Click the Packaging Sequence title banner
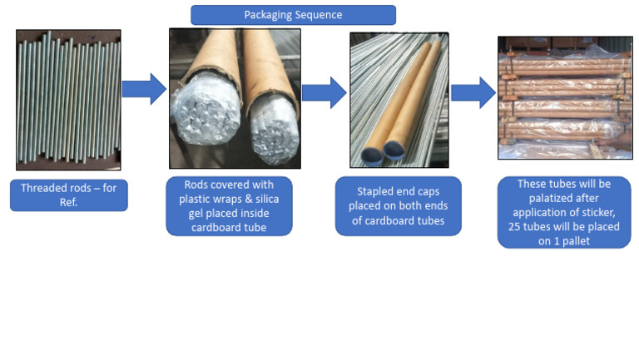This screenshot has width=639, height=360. (x=293, y=15)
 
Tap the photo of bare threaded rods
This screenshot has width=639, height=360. (x=68, y=100)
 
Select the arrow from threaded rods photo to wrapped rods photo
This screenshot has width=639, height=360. (x=144, y=89)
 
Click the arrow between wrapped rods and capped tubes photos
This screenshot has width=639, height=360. (x=324, y=92)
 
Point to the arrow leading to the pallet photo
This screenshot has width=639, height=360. (x=473, y=92)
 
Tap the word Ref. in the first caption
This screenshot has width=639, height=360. (x=68, y=202)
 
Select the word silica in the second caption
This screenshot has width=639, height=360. (x=267, y=200)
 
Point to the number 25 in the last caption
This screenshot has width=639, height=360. (x=514, y=227)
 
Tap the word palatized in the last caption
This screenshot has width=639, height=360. (x=563, y=199)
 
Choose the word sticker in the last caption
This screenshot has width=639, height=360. (x=599, y=213)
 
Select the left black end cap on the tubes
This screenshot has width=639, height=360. (x=371, y=155)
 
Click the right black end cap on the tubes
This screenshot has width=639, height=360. (x=394, y=150)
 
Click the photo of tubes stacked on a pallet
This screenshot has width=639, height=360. (x=565, y=98)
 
